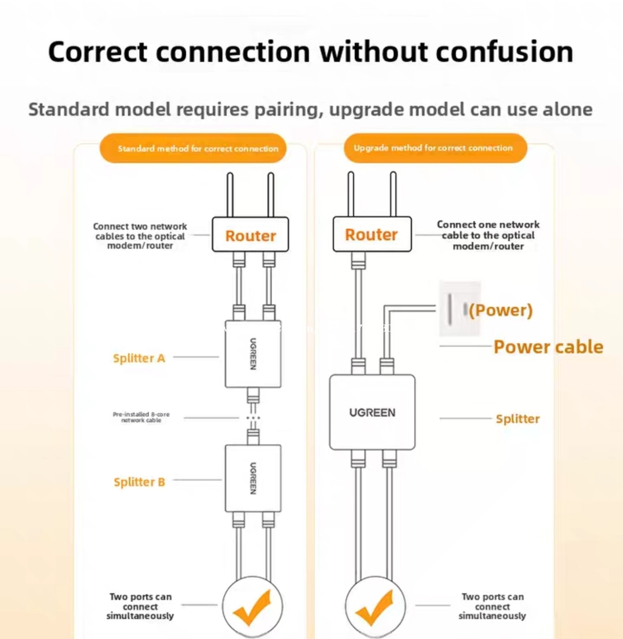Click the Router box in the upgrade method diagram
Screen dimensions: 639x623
371,235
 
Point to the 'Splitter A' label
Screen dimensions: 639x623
139,358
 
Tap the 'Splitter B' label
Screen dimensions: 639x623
139,482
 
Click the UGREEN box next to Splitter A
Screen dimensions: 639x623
253,354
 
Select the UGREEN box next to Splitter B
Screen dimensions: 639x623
253,478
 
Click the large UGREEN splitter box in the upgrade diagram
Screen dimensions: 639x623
372,412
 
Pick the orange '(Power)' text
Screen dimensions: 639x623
500,310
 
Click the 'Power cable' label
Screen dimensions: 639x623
548,347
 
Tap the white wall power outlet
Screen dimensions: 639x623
460,309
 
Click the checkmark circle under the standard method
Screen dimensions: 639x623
253,607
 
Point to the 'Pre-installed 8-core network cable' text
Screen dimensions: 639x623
141,418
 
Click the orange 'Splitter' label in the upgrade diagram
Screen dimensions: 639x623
517,419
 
